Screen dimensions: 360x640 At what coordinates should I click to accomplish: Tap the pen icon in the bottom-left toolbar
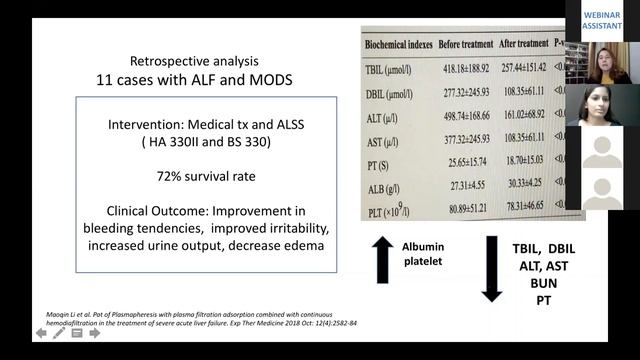[x=59, y=332]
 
